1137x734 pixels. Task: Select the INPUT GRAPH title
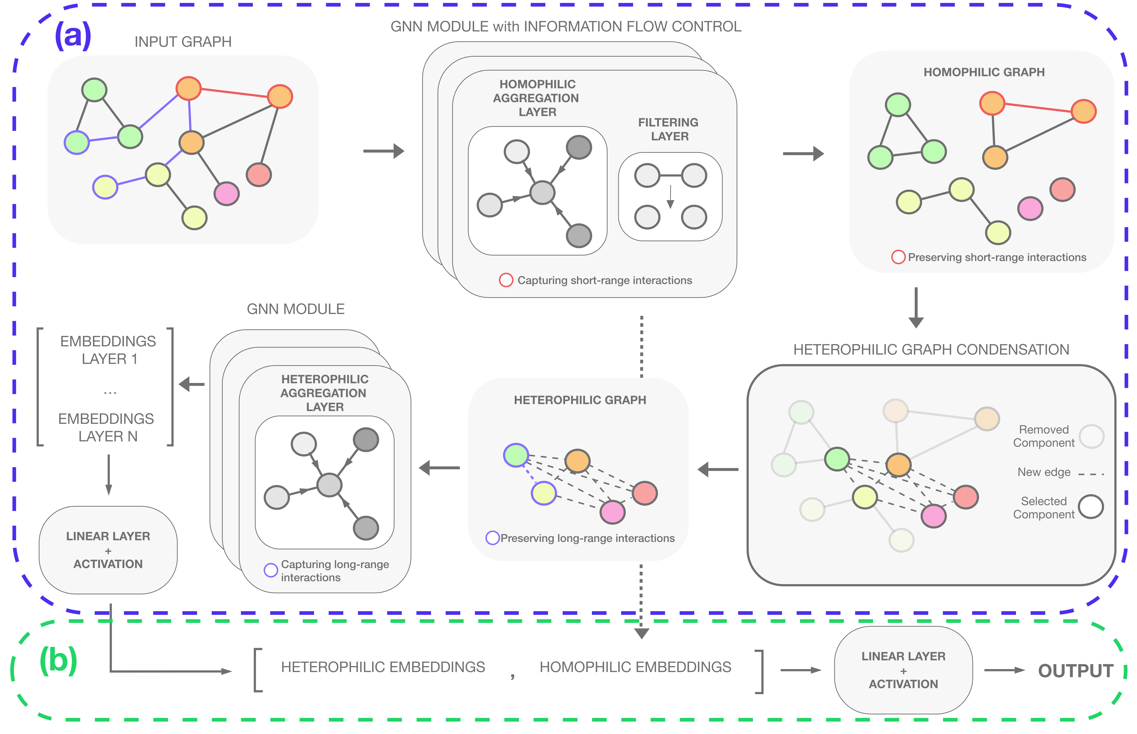[183, 42]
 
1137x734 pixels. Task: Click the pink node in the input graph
[226, 194]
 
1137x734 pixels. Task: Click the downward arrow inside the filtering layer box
[670, 196]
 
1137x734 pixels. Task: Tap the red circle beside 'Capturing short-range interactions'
[506, 280]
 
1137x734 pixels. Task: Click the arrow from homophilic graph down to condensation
[916, 307]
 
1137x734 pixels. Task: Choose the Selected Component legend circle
[1091, 507]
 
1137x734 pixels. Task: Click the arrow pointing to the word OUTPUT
[1004, 670]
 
